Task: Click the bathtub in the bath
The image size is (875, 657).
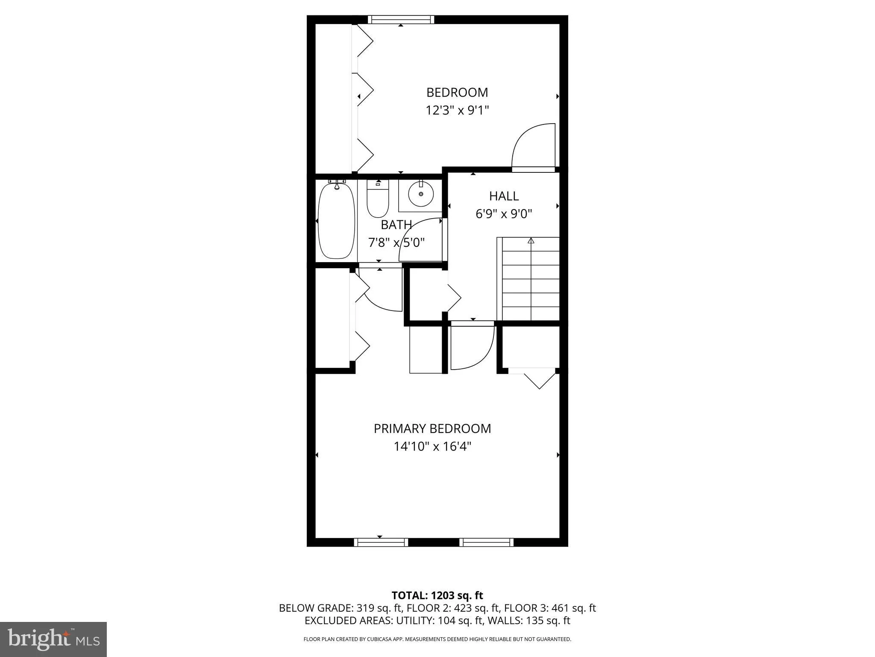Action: click(336, 221)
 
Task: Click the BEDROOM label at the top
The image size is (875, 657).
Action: click(457, 92)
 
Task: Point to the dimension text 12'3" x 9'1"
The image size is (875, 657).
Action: click(457, 111)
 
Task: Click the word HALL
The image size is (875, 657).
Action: click(504, 196)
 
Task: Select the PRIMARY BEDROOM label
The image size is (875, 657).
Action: click(432, 429)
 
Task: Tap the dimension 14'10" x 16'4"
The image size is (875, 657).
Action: click(432, 447)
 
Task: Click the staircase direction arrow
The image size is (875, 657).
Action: click(531, 241)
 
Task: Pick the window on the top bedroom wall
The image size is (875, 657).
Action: click(401, 19)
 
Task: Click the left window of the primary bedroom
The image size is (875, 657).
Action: click(381, 542)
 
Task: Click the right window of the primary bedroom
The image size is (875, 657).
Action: click(486, 542)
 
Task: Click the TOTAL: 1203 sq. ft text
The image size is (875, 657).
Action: click(437, 595)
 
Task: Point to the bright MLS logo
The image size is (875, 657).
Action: click(53, 639)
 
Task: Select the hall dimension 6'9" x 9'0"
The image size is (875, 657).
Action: click(504, 214)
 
